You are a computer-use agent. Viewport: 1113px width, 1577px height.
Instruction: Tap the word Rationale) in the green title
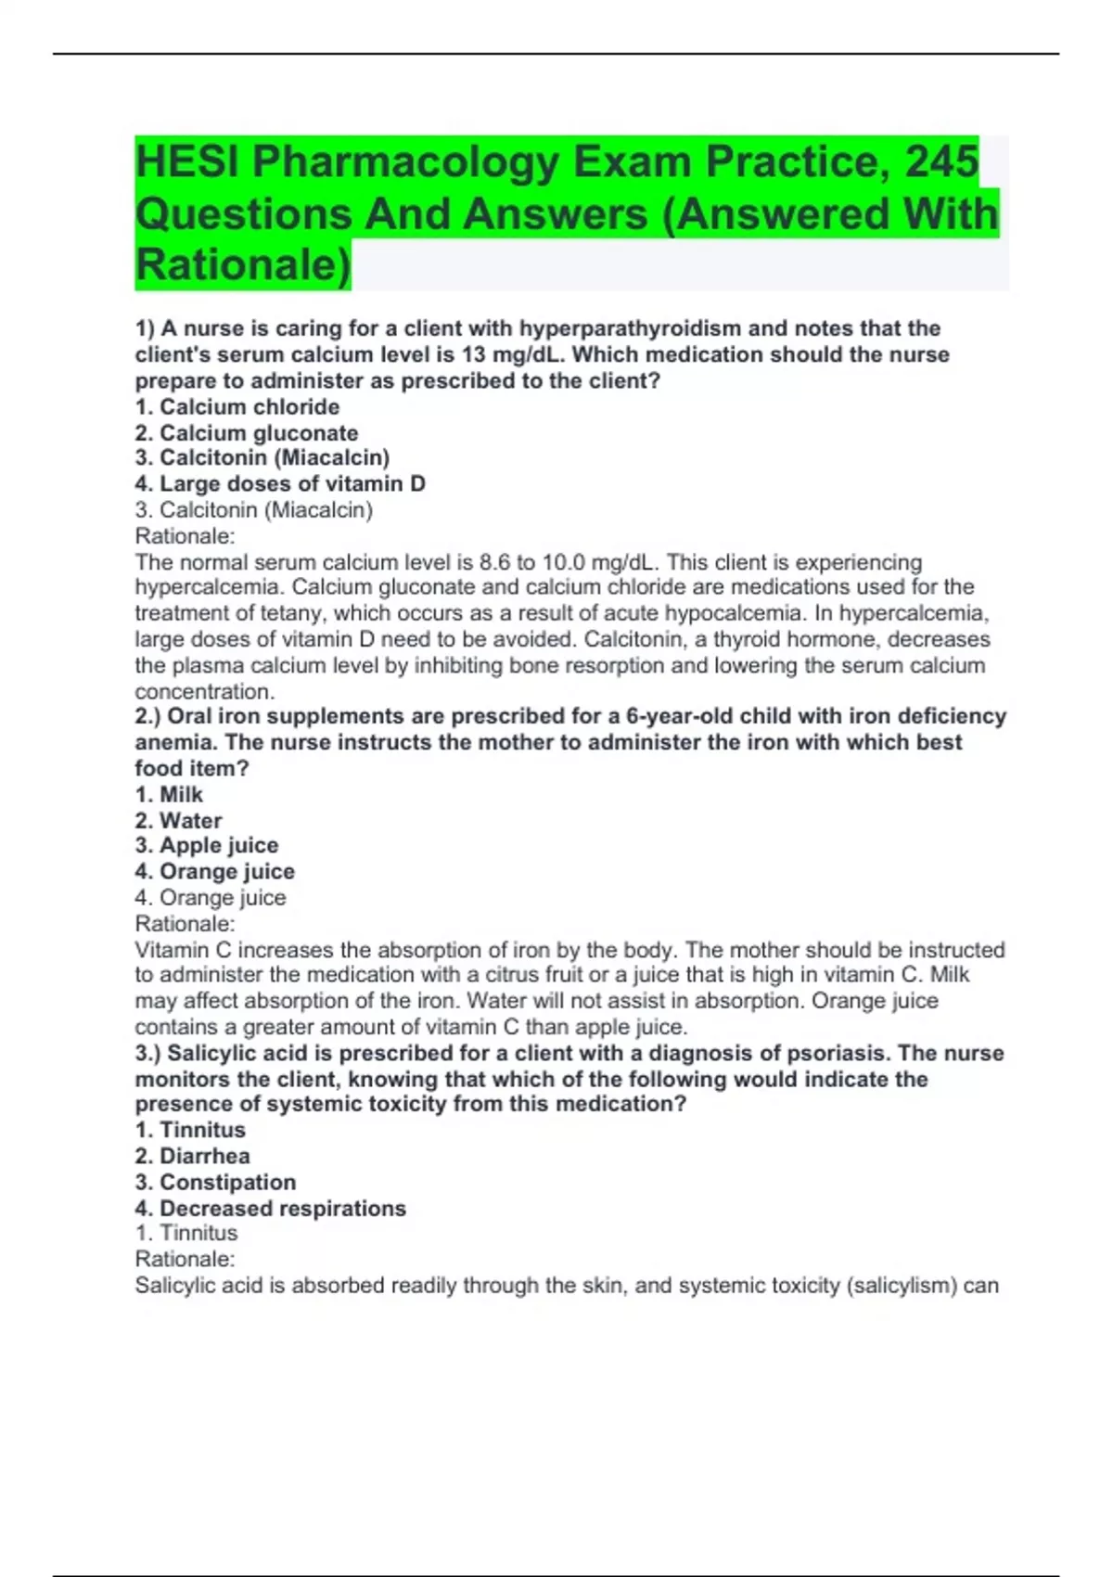[x=243, y=264]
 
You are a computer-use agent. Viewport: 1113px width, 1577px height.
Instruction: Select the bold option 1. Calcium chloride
[x=237, y=406]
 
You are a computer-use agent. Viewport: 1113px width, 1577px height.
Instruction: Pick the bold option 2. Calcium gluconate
[x=247, y=432]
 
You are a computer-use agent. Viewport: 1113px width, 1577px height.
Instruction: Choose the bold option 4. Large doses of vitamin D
[x=280, y=483]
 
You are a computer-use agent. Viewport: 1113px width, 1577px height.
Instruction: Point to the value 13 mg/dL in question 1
[x=513, y=354]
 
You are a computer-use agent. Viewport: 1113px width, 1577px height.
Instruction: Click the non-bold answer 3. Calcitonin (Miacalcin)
[x=254, y=509]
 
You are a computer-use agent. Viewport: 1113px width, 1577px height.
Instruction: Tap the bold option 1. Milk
[x=169, y=794]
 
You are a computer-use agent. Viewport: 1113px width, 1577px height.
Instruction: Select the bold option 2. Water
[x=178, y=820]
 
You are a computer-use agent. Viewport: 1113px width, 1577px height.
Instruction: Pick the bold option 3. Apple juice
[x=207, y=845]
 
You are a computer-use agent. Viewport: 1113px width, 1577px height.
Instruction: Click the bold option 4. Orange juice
[x=215, y=871]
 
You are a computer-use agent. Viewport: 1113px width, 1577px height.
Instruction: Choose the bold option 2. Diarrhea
[x=192, y=1156]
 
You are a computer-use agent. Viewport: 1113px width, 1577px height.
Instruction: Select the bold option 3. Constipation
[x=215, y=1182]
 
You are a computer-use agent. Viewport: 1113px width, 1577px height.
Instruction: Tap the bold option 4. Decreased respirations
[x=271, y=1208]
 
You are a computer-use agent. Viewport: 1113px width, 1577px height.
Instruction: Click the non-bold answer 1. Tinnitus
[x=186, y=1233]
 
